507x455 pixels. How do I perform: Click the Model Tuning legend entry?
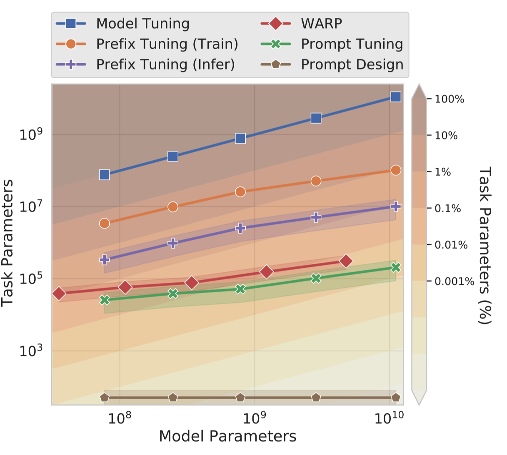point(142,24)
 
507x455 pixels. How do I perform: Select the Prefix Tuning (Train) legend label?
point(167,44)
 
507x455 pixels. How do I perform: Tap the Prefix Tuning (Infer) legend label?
point(165,65)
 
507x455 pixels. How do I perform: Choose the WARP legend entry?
point(321,24)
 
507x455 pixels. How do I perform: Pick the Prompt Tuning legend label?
point(352,44)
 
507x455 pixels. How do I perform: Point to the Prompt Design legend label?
point(352,65)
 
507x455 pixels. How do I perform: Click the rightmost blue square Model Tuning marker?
point(396,97)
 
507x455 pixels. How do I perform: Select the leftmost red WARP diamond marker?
point(59,293)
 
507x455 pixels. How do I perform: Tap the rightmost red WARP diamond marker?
point(346,261)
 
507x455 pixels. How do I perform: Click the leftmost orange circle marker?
point(105,224)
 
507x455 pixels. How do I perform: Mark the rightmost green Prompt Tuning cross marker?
point(396,267)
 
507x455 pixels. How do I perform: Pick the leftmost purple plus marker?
point(105,260)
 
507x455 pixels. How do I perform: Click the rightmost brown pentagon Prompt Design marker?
point(396,398)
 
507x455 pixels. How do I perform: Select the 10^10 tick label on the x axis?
point(388,418)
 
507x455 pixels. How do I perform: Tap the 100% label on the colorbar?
point(449,99)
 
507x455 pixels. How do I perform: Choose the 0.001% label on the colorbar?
point(454,281)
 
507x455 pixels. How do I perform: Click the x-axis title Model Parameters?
point(227,436)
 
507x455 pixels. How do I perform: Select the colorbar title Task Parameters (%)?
point(485,245)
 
